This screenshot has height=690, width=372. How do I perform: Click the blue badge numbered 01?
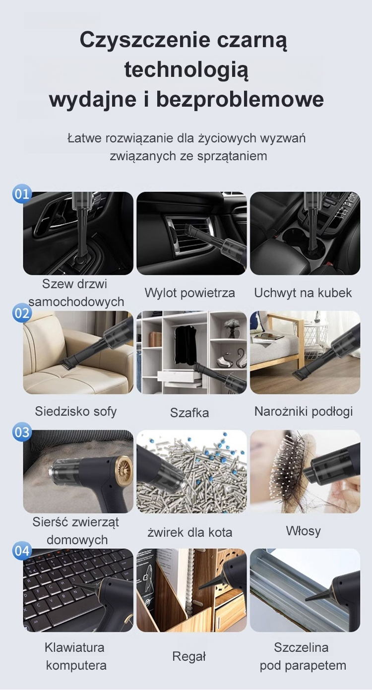(22, 194)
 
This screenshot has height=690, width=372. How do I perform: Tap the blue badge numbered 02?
(22, 314)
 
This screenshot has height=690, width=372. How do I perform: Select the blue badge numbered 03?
(22, 432)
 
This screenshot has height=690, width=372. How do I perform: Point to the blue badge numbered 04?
(22, 551)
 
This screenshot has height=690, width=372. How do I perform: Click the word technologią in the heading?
(186, 70)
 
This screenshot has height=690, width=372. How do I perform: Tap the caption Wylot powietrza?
(189, 293)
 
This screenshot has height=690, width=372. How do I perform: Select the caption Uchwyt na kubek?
(303, 293)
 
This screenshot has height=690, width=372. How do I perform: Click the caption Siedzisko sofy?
(76, 411)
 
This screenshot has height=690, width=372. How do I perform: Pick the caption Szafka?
(189, 413)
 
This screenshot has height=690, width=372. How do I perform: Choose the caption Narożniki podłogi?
(304, 412)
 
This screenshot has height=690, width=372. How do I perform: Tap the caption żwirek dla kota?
(189, 532)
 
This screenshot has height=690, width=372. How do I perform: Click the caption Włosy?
(304, 531)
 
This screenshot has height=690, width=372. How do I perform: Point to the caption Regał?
(189, 656)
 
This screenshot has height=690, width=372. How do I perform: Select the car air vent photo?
(191, 233)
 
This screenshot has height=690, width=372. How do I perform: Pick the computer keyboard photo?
(78, 590)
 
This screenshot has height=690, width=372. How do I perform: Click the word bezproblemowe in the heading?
(240, 100)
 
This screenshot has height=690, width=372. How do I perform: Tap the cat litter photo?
(191, 471)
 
